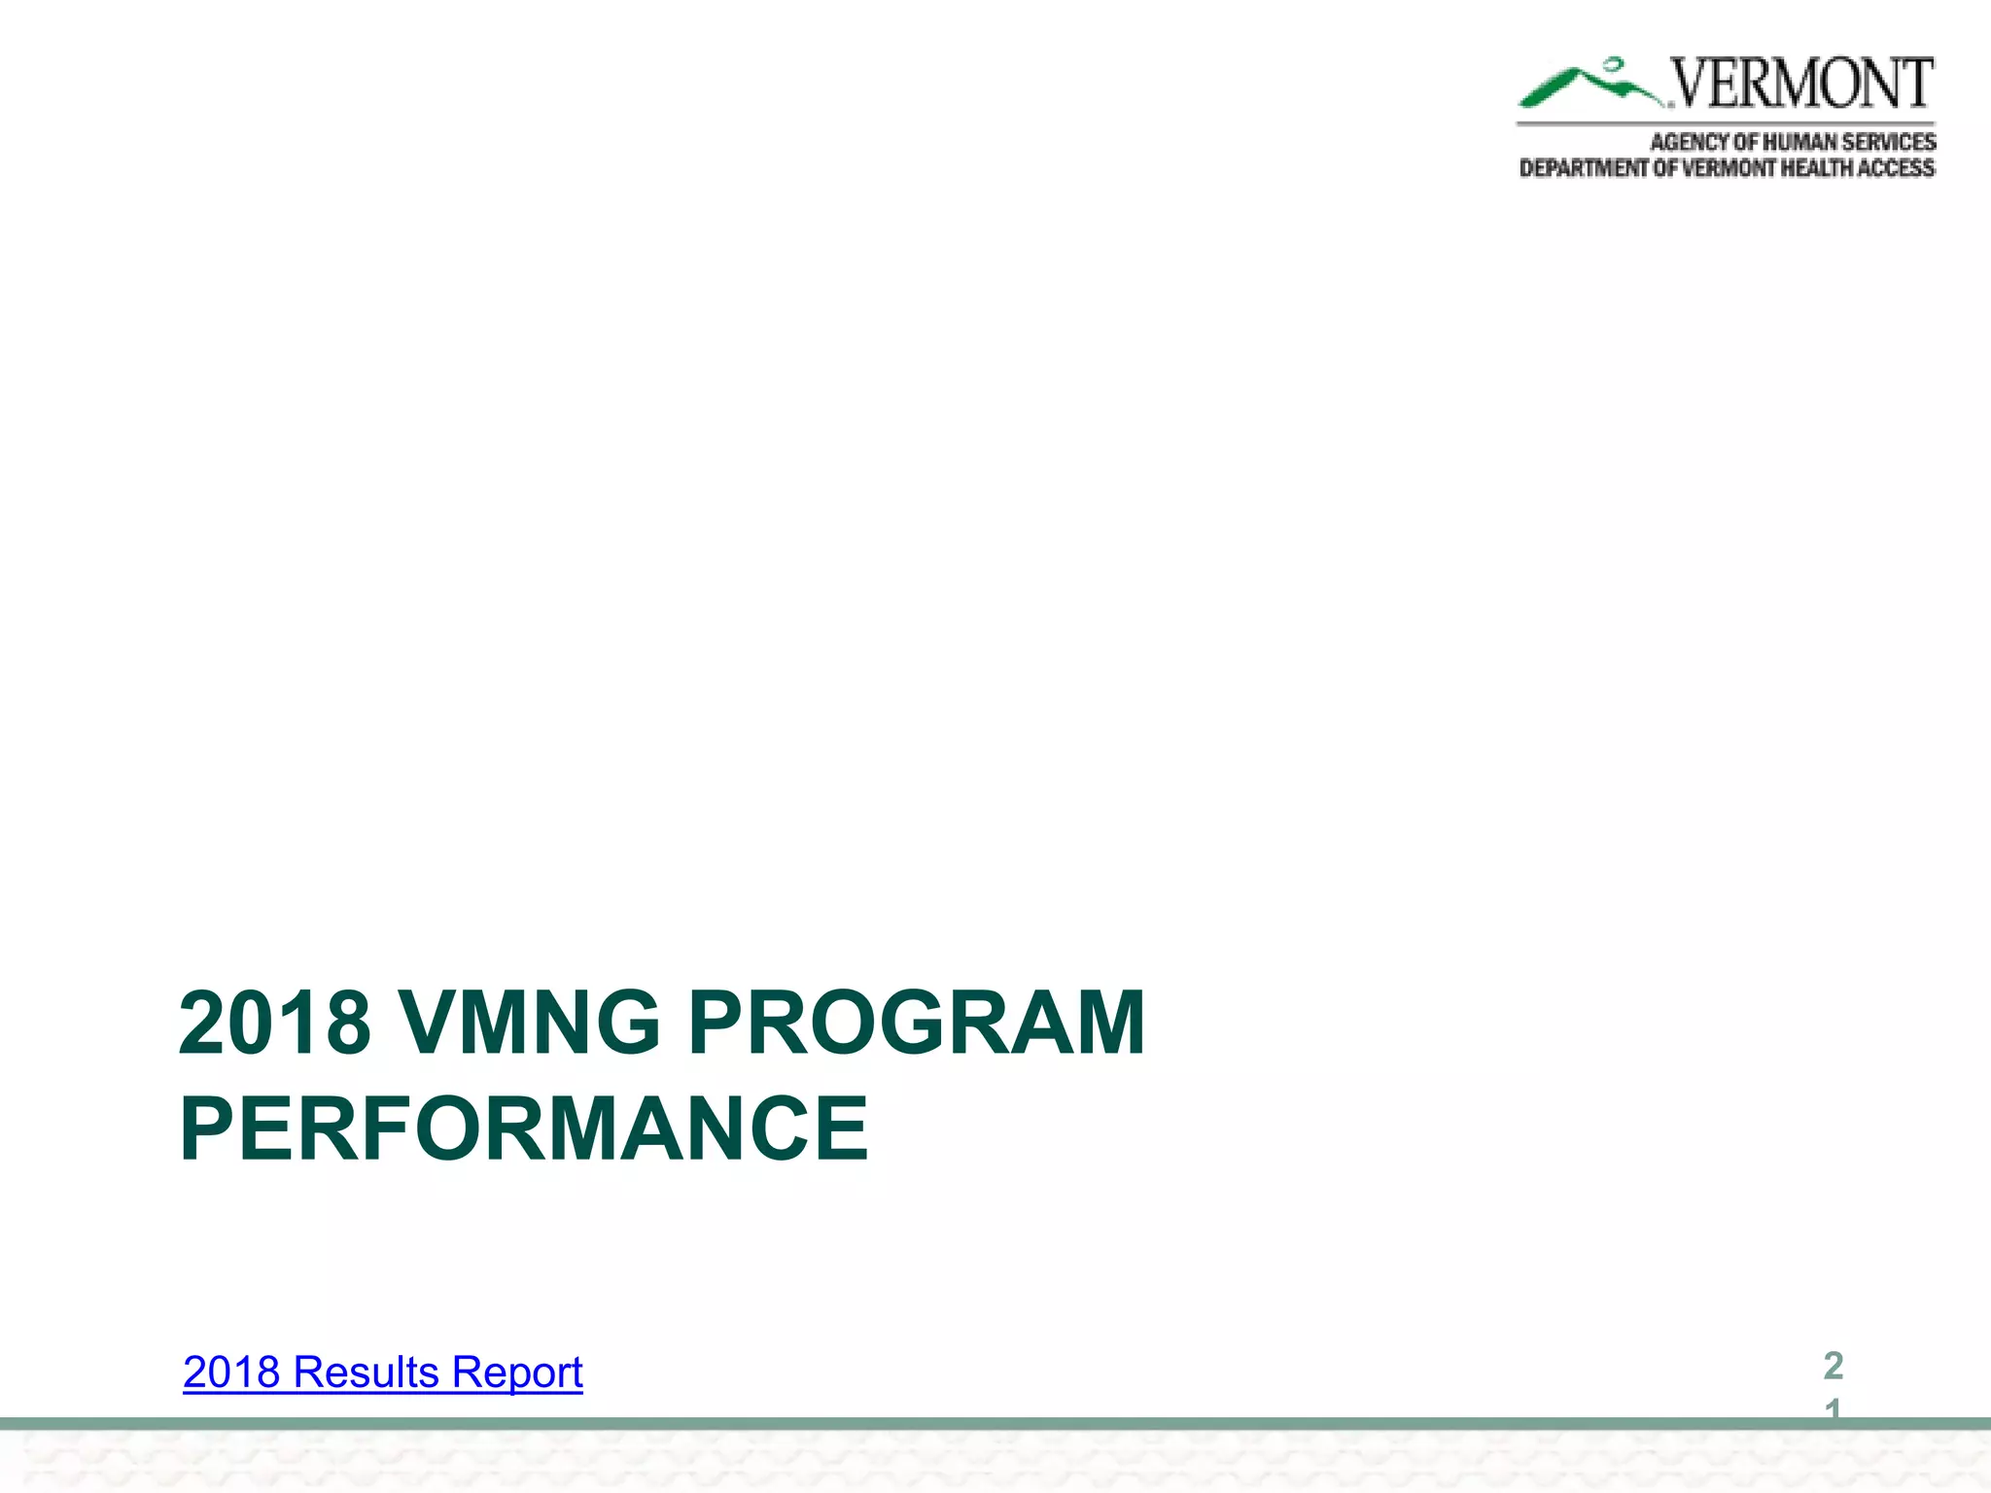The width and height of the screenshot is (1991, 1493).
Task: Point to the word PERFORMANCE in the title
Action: click(x=523, y=1128)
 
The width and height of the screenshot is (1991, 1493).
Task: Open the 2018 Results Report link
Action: click(x=382, y=1372)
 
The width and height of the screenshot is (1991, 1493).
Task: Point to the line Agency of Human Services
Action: click(x=1792, y=142)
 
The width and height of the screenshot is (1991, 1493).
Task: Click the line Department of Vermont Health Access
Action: click(x=1727, y=168)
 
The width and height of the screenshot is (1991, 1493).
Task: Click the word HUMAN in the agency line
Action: click(x=1799, y=142)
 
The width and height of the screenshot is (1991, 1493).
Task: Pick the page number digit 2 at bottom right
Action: click(x=1833, y=1366)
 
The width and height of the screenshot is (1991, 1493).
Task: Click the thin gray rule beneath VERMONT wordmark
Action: click(x=1726, y=123)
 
